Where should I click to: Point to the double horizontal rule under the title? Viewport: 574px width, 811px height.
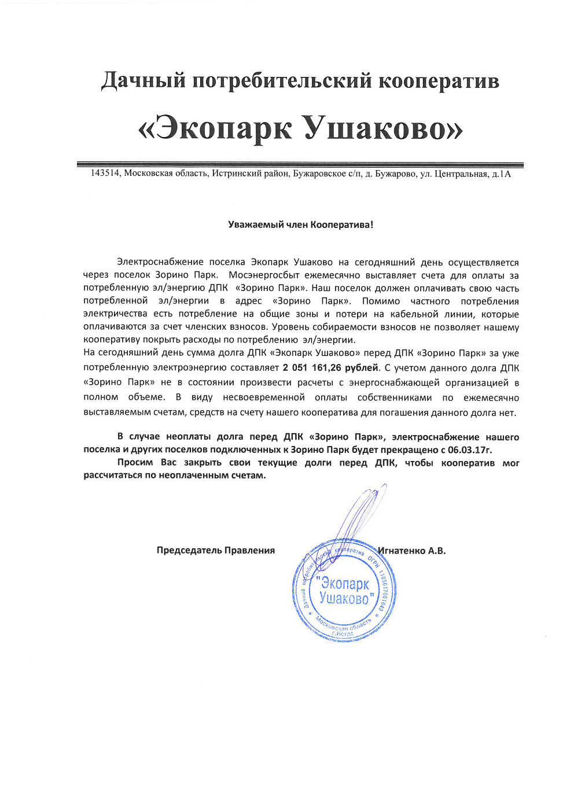click(x=300, y=165)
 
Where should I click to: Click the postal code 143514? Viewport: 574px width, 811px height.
click(x=105, y=174)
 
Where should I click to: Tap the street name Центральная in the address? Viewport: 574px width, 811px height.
click(x=461, y=174)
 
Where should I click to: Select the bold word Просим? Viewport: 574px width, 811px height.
click(x=135, y=463)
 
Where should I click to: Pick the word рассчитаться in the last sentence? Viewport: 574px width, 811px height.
click(x=112, y=475)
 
